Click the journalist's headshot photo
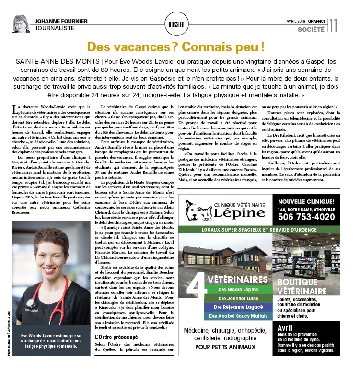(21, 24)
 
